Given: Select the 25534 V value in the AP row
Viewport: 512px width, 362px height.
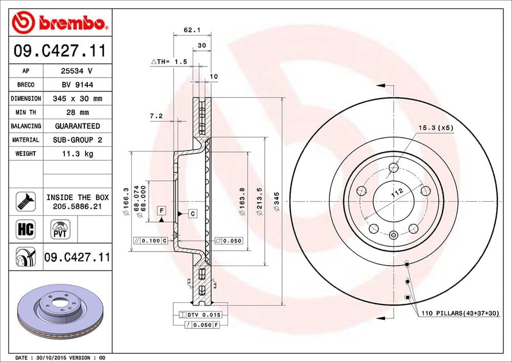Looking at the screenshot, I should point(77,71).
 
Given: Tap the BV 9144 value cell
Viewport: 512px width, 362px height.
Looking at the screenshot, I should point(77,85).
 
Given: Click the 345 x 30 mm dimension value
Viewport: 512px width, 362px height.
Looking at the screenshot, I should point(77,98).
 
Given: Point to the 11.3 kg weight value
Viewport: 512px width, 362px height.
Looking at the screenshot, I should point(77,154).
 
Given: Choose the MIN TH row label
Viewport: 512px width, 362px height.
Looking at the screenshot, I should point(26,112).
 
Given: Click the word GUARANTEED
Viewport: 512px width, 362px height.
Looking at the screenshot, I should point(77,126).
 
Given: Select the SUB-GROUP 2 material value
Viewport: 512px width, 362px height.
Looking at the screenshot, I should point(77,140).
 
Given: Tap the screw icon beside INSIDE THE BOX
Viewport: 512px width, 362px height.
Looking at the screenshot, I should point(26,201).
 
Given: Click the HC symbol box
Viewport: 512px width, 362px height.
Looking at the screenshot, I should point(26,229).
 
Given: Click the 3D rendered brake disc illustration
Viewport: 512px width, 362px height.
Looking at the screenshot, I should point(60,313).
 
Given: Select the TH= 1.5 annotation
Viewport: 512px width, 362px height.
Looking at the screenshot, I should point(169,61).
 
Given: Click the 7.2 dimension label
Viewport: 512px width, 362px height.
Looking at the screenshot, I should point(156,116).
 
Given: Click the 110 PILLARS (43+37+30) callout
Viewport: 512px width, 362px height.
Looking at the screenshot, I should point(459,313).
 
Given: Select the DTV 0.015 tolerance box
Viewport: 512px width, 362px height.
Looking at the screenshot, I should point(197,314).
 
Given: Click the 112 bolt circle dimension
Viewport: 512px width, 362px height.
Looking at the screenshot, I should point(395,194).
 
